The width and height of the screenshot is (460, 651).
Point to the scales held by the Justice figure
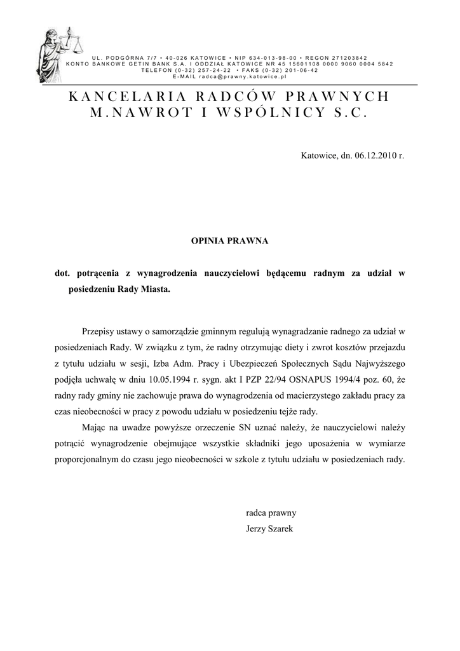tap(75, 45)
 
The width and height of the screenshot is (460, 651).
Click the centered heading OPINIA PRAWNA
tap(230, 241)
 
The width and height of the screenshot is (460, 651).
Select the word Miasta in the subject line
tap(155, 289)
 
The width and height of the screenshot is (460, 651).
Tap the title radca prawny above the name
tap(271, 512)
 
